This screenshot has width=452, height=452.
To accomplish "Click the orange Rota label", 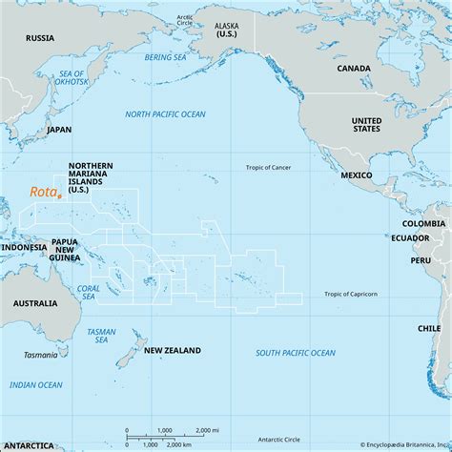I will pos(42,192).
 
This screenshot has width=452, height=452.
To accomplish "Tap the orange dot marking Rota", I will pos(59,196).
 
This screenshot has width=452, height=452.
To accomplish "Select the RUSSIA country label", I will pos(40,38).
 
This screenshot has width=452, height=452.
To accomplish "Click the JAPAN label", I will pos(59,130).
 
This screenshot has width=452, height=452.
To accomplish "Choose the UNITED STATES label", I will pos(366,126).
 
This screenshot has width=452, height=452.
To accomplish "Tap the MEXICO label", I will pos(356,177).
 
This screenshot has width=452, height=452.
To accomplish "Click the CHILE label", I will pos(427,327).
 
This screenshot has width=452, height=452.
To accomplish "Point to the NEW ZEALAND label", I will pos(172,351).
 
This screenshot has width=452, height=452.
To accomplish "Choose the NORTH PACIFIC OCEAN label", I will pos(165,114).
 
